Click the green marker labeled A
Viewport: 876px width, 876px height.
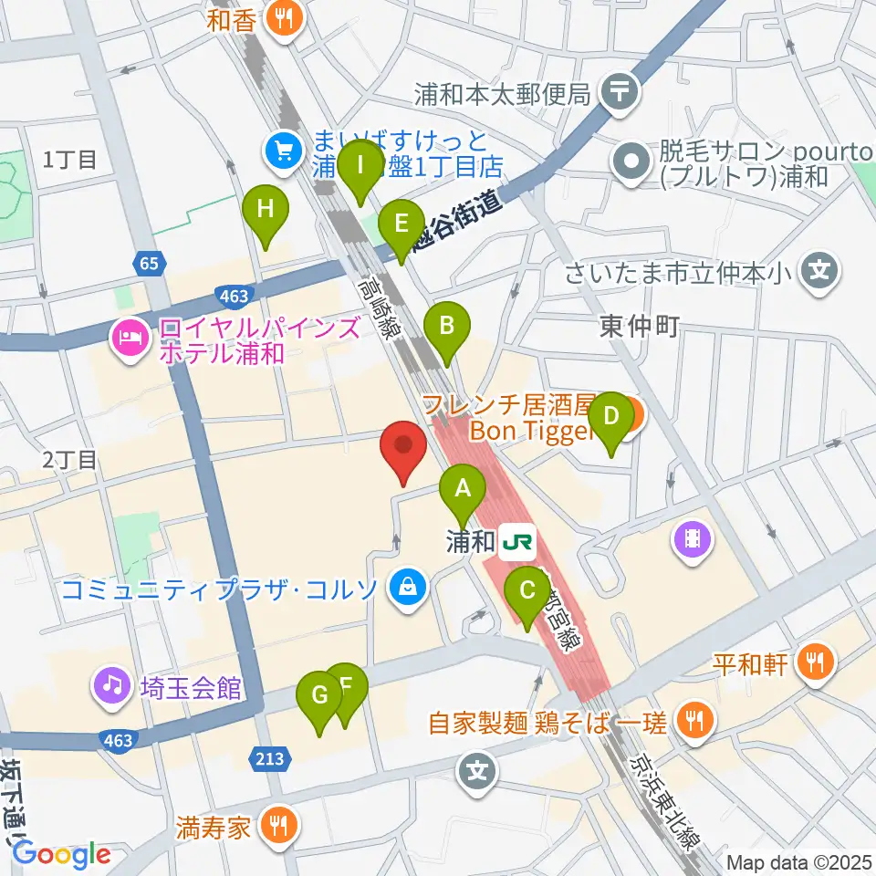pos(463,494)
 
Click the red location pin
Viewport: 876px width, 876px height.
pos(405,451)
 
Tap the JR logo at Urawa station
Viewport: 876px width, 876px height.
pos(516,545)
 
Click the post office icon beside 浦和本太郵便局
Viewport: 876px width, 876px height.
pos(621,92)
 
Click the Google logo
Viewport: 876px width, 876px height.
pos(61,854)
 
